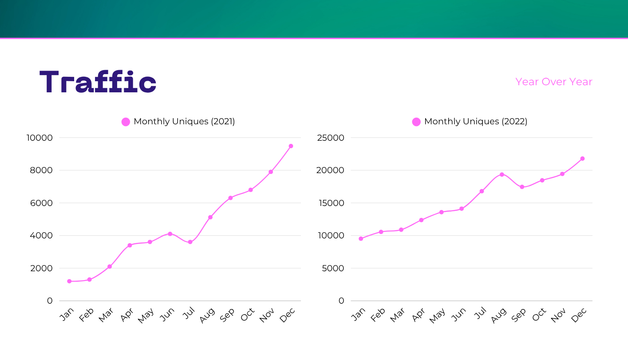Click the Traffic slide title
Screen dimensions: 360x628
(98, 83)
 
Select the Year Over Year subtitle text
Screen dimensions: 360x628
(553, 82)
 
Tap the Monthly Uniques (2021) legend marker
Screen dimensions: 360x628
(126, 122)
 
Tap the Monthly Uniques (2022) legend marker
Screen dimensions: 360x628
(416, 122)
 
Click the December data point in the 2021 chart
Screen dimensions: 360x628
(291, 146)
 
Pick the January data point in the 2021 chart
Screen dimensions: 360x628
(69, 281)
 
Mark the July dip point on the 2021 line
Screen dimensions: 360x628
(190, 242)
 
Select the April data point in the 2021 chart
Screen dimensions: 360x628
(130, 245)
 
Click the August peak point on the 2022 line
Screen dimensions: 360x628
(502, 174)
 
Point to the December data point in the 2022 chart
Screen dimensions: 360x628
(582, 158)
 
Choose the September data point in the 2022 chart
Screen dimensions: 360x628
(522, 187)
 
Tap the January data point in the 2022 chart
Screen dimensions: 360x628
(361, 238)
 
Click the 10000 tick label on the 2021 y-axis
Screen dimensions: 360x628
(39, 138)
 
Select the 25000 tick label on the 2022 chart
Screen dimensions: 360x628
(331, 138)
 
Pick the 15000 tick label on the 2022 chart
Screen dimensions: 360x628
(331, 203)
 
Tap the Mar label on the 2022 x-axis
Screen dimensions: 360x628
(398, 315)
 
